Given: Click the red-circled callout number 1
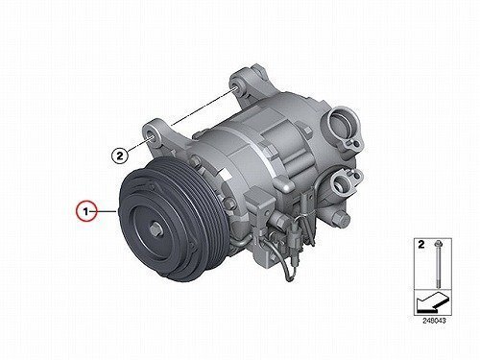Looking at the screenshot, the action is [x=85, y=211].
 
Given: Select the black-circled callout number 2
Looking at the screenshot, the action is [x=119, y=156].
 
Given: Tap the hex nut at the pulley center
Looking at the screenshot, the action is [x=155, y=229].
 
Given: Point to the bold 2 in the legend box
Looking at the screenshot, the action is [x=421, y=245].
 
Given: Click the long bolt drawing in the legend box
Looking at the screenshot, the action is [x=437, y=265].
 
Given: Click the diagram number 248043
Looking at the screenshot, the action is [x=434, y=321].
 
